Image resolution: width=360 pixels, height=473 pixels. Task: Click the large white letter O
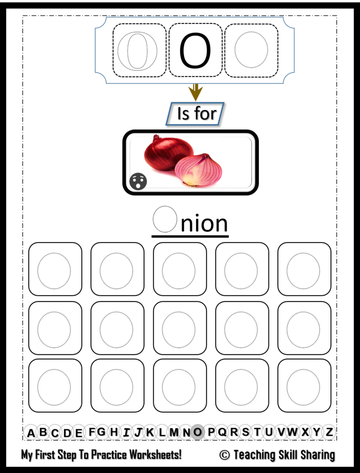tap(137, 51)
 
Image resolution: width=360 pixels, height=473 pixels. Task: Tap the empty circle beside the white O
tap(251, 50)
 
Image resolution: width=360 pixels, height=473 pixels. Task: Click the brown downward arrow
tap(195, 92)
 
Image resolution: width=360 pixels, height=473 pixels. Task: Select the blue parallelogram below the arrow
tap(195, 114)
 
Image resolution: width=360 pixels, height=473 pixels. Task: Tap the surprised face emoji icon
tap(138, 181)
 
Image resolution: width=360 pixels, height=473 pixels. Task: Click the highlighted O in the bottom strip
tap(198, 432)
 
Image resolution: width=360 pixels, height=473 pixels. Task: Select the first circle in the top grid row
tap(54, 271)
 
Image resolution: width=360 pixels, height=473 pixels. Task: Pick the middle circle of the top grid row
tap(179, 271)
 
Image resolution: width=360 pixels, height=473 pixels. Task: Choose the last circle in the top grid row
tap(303, 271)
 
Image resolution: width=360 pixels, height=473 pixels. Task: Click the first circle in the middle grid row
tap(54, 329)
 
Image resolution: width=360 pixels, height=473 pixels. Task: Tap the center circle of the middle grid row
tap(179, 329)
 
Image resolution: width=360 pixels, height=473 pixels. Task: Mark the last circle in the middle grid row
tap(303, 329)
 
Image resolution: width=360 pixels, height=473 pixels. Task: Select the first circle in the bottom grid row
tap(54, 387)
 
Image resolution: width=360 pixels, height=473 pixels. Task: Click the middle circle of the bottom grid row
tap(179, 387)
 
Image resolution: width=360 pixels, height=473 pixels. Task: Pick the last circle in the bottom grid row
tap(303, 387)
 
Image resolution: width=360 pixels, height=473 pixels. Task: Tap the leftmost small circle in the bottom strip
tap(31, 432)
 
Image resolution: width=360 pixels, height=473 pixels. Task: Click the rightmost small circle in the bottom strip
tap(329, 432)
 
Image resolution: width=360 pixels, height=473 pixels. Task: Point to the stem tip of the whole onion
tap(156, 137)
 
